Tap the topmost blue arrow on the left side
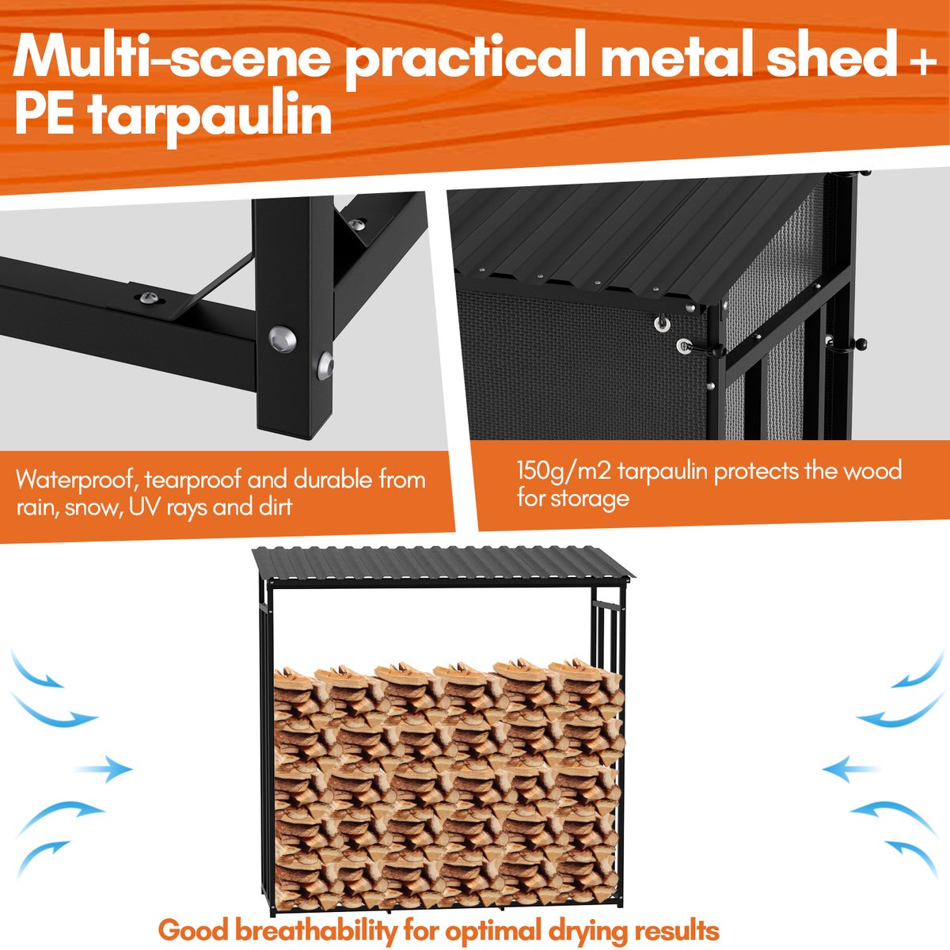click(37, 671)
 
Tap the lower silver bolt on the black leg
click(325, 366)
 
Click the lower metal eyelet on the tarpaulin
click(683, 346)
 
